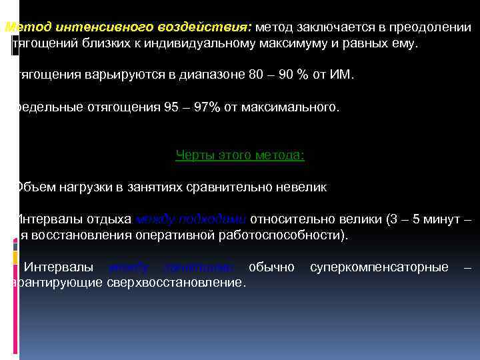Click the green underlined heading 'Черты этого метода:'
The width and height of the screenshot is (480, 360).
240,155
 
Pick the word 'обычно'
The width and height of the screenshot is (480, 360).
271,267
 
